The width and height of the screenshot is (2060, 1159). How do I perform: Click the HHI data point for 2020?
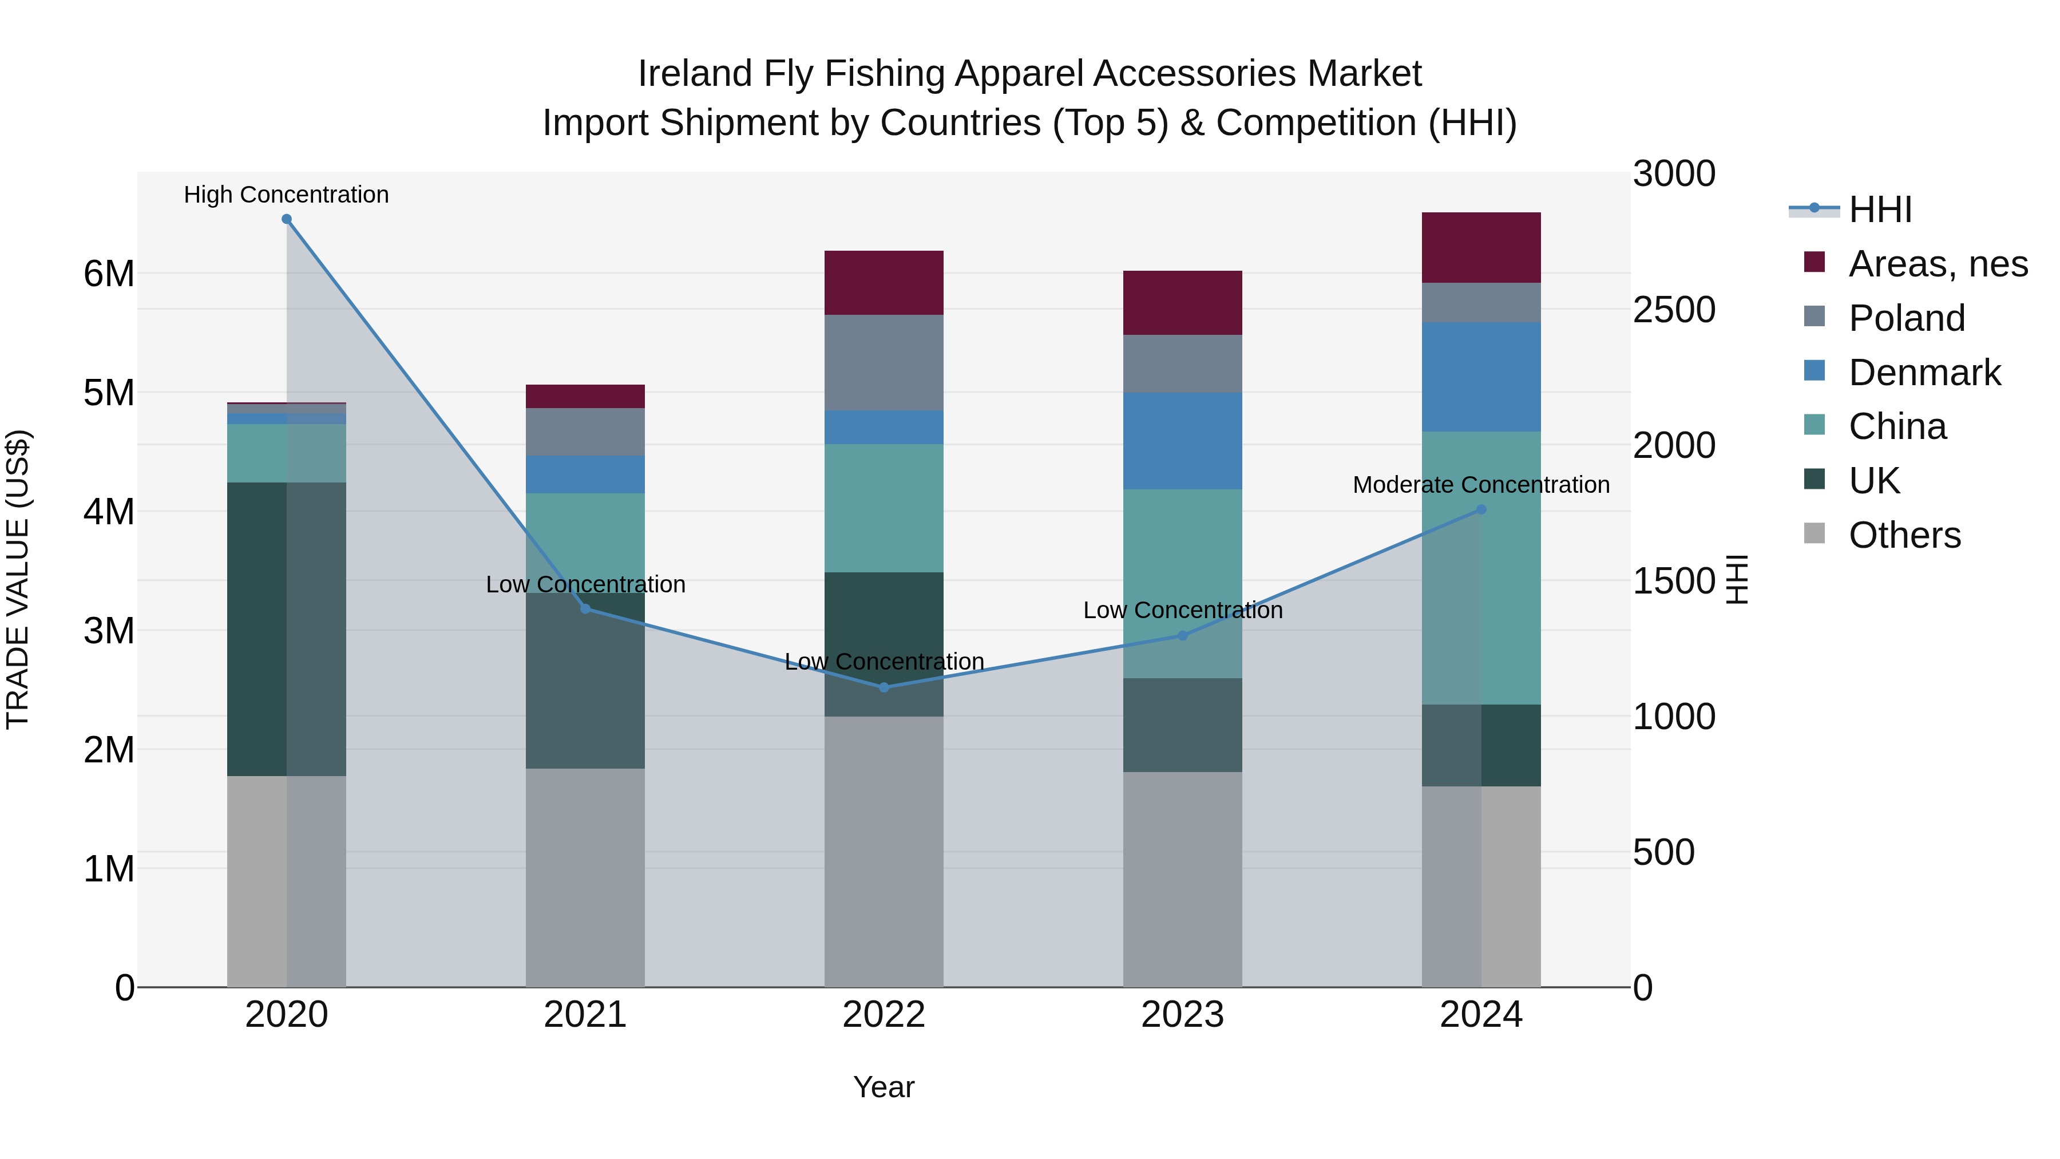(286, 219)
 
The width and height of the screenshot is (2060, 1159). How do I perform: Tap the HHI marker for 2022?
(884, 687)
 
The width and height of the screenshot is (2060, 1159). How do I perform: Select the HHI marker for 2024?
(1481, 509)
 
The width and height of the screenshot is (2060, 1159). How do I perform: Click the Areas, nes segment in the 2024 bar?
(1481, 248)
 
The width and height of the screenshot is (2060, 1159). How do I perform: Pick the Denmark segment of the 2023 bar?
(1182, 441)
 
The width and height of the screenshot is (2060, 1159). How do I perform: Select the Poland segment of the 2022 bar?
(884, 362)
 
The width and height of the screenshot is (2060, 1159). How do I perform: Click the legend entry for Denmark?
(1924, 373)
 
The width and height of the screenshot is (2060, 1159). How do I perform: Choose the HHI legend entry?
(1879, 209)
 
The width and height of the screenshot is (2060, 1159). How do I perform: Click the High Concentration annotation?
(286, 195)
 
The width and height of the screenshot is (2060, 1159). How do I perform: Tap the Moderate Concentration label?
(1481, 485)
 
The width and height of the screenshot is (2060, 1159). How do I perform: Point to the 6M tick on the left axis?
(109, 274)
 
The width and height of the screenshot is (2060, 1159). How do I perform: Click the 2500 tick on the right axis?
(1674, 310)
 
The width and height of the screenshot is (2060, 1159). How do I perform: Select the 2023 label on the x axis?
(1182, 1015)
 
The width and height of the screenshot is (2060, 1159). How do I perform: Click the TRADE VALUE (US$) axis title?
(18, 579)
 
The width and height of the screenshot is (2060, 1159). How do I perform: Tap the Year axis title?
(884, 1087)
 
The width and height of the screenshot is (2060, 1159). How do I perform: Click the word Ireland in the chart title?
(694, 74)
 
